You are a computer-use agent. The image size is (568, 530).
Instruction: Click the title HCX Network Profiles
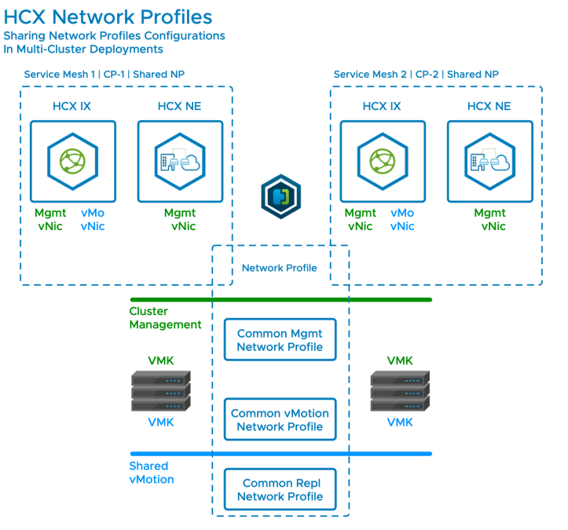[108, 16]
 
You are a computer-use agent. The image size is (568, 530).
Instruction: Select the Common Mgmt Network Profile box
[280, 340]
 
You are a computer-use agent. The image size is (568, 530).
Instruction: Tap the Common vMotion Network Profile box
[280, 420]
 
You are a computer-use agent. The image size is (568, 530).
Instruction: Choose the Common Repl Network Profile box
[280, 490]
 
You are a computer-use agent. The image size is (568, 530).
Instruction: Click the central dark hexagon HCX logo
[280, 196]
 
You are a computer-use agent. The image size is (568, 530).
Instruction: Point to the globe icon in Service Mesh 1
[72, 160]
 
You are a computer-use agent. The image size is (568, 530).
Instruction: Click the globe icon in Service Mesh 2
[383, 160]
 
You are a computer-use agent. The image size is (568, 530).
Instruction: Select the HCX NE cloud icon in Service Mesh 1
[179, 160]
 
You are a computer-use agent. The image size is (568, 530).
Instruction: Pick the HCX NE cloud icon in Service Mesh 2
[489, 160]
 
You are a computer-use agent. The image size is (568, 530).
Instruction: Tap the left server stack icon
[160, 392]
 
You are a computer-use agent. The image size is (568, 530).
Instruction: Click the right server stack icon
[400, 392]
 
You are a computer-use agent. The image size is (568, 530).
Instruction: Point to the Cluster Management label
[165, 318]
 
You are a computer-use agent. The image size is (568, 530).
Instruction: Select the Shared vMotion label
[152, 473]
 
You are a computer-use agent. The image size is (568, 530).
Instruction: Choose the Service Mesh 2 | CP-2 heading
[416, 75]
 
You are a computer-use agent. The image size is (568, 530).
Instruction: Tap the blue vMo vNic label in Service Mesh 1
[93, 220]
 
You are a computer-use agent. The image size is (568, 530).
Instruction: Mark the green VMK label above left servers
[161, 361]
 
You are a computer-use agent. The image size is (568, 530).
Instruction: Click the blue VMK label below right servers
[400, 422]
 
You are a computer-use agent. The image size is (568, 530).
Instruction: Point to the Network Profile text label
[279, 268]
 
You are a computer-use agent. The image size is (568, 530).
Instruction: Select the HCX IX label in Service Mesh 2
[382, 107]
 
